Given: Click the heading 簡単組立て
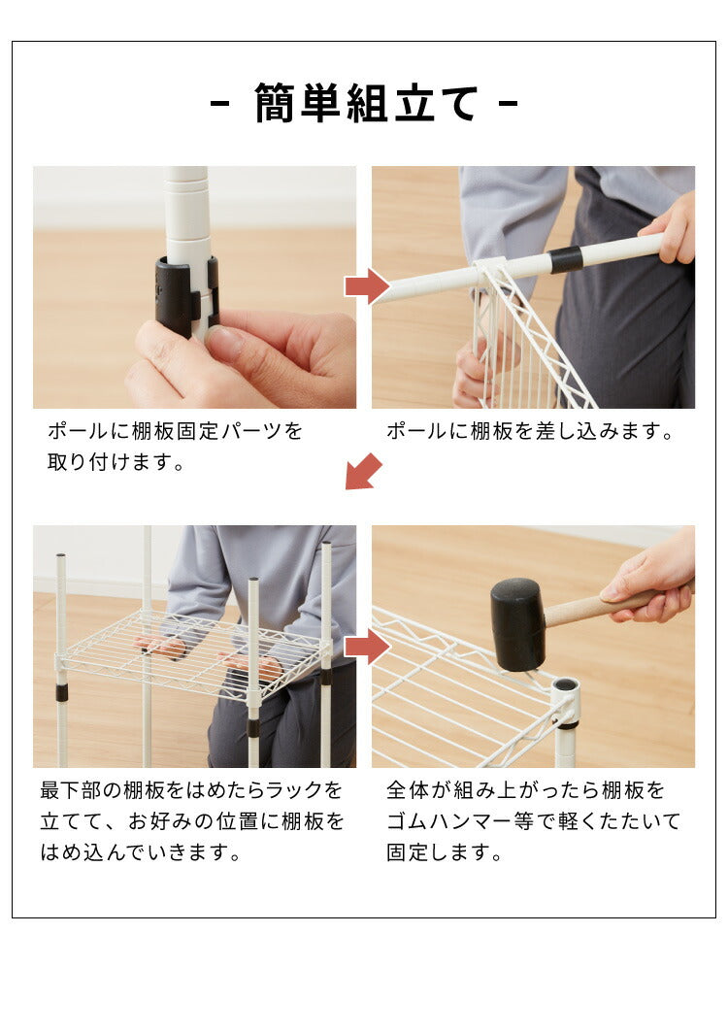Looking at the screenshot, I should pos(364,103).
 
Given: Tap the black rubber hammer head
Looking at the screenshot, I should pos(516,623).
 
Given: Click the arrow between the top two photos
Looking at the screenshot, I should pos(366,286).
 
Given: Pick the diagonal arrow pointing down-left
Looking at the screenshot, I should pos(364,472).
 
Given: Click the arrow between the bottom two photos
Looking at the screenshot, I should pos(366,647).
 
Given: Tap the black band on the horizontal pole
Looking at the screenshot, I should pos(565,259).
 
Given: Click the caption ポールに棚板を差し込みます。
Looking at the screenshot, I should pos(530,431).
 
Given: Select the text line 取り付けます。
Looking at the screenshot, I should pos(116,463).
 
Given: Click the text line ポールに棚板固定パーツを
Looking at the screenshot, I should pos(175,431).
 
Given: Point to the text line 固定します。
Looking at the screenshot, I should pos(444,854).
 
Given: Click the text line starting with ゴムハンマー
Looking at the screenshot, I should pos(533,822).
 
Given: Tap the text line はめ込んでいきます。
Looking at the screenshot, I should pos(141,854).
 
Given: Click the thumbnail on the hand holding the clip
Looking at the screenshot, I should pos(224,342).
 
